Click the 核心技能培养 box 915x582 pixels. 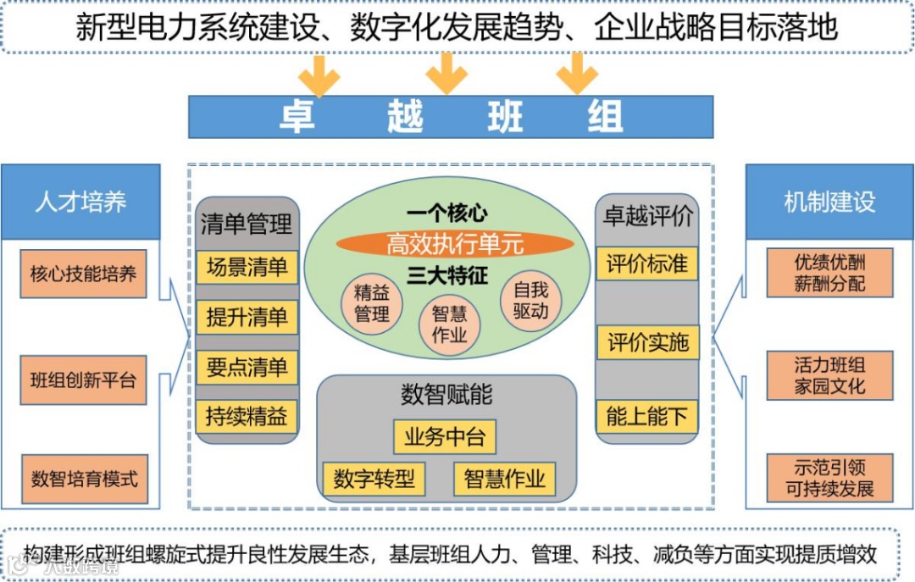tap(83, 274)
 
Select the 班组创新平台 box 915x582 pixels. tap(83, 379)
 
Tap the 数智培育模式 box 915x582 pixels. tap(83, 478)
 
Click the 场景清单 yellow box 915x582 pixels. tap(247, 268)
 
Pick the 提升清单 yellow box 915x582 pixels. tap(247, 318)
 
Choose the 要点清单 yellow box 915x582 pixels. tap(247, 368)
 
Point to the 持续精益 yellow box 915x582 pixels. tap(247, 417)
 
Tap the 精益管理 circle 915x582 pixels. tap(372, 304)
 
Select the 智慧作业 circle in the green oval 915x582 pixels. tap(449, 324)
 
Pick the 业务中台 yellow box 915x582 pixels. tap(445, 437)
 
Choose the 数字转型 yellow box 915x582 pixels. tap(374, 479)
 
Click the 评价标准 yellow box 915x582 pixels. tap(647, 263)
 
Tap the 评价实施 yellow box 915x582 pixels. tap(647, 343)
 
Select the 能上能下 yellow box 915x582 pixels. tap(647, 417)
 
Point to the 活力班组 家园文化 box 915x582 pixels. tap(829, 376)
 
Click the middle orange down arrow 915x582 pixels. tap(446, 75)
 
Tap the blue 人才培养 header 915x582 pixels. tap(80, 202)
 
